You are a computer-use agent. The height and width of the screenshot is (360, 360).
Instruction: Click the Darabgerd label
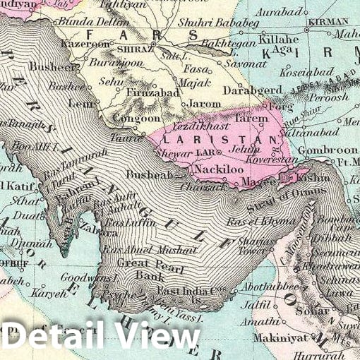253,90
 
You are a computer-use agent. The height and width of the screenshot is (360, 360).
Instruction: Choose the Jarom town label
205,103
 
